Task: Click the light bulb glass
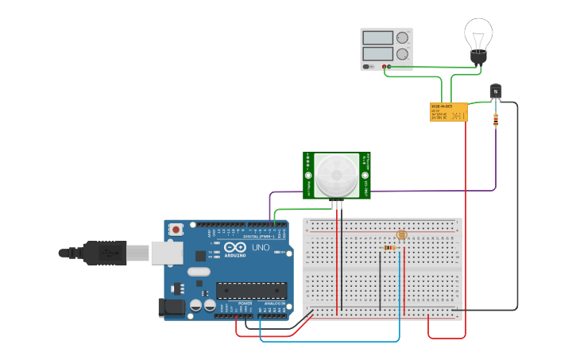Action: coord(478,33)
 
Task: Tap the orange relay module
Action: coord(447,112)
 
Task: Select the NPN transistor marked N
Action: coord(496,91)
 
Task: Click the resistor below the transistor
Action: coord(497,120)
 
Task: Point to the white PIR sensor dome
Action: coord(336,176)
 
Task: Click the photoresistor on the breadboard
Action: coord(401,235)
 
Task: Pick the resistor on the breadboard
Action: coord(390,247)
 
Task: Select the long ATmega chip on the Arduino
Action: coord(251,291)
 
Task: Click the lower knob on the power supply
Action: coord(403,54)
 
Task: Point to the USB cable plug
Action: coord(103,253)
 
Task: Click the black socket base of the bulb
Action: coord(477,57)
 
